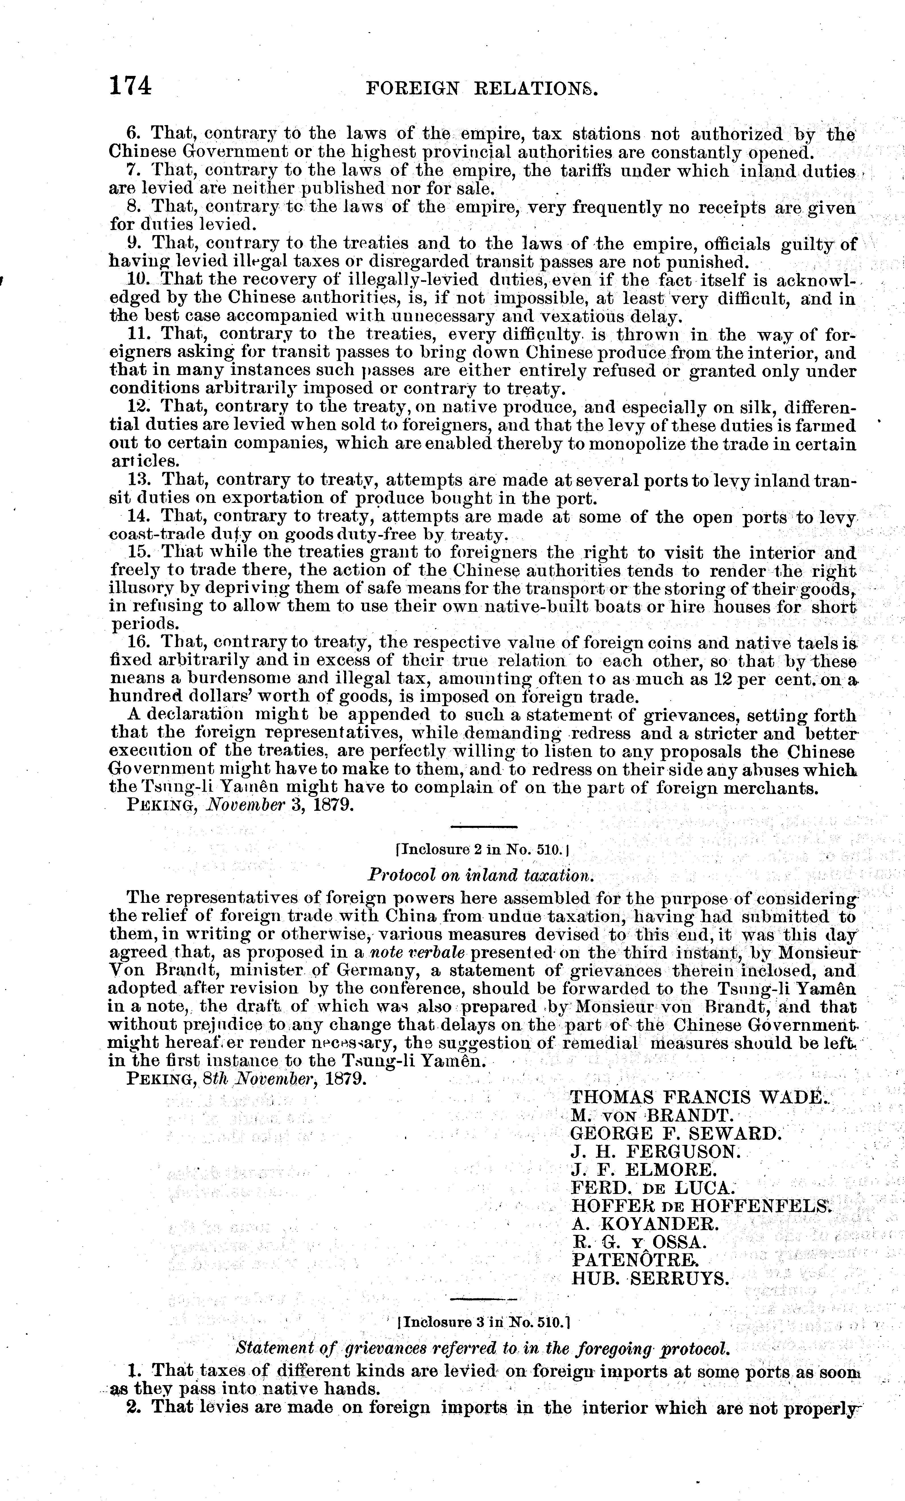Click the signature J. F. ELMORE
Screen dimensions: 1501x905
(x=644, y=1170)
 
